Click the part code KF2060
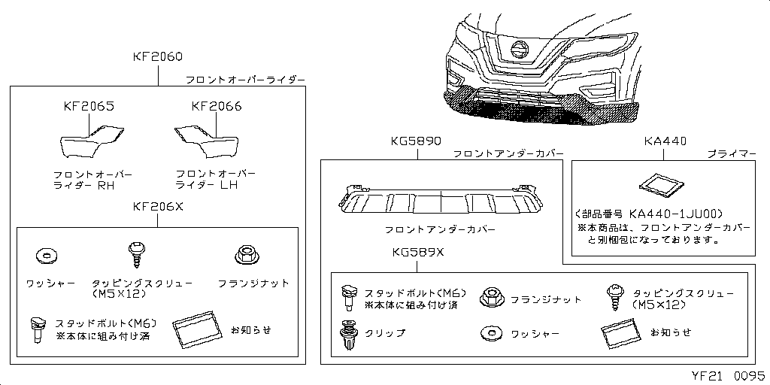158,56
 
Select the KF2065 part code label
89,106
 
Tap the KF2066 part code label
217,106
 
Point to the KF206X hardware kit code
158,207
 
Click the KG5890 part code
417,141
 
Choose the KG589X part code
418,253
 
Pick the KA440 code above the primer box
665,141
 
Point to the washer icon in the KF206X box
47,256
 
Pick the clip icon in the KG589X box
347,333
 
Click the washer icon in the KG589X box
492,333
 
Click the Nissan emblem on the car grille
519,50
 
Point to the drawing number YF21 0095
728,376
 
